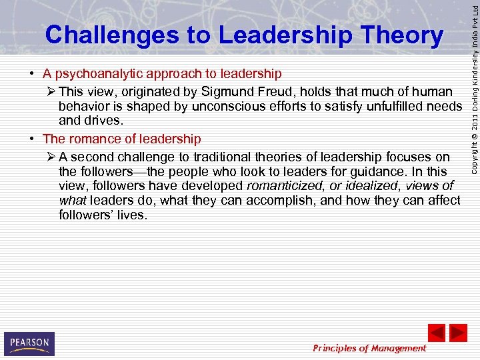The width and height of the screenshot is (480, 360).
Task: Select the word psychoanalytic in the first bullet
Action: pyautogui.click(x=99, y=73)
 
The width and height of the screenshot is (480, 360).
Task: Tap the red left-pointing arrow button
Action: pyautogui.click(x=436, y=333)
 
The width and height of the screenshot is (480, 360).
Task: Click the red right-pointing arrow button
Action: pyautogui.click(x=459, y=333)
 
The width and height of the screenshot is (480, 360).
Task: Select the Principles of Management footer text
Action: pyautogui.click(x=369, y=347)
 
